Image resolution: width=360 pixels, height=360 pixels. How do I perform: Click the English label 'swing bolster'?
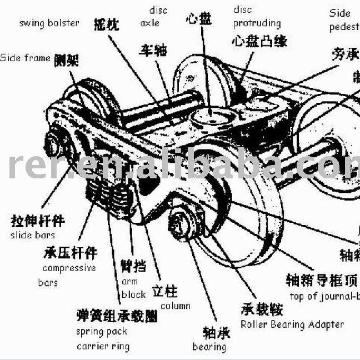(49, 23)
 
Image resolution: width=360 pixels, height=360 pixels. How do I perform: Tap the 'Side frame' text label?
(25, 57)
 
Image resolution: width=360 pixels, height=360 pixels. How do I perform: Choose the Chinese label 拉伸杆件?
(38, 221)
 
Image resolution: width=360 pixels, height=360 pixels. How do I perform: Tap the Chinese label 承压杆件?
(70, 254)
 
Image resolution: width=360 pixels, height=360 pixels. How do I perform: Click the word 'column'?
(175, 306)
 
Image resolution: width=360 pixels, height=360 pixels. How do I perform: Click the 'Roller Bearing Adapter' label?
(292, 324)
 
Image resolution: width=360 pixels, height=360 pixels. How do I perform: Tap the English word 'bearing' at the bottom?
(209, 347)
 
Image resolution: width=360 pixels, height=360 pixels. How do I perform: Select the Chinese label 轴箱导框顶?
(322, 279)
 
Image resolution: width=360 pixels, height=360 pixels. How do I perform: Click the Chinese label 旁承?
(345, 54)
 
